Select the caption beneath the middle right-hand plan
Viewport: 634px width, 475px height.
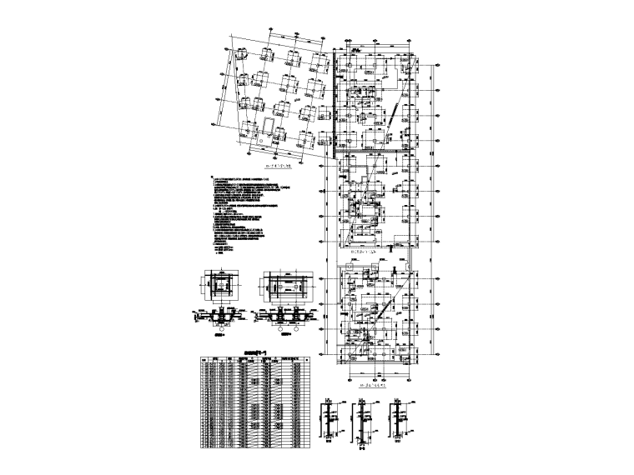tap(368, 250)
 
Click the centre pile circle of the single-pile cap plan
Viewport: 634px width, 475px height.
tap(223, 287)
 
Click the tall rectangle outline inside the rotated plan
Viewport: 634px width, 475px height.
tap(269, 128)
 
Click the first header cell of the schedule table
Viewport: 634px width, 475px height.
tap(206, 360)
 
